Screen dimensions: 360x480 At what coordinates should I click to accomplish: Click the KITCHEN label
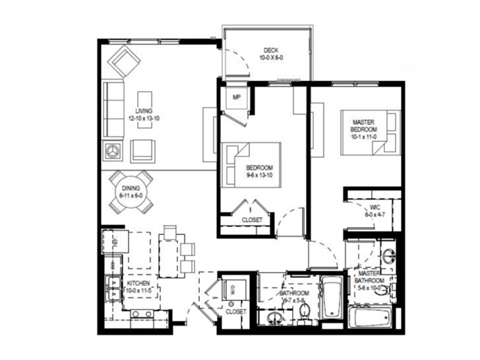pyautogui.click(x=138, y=287)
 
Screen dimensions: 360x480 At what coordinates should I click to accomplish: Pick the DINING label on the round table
pyautogui.click(x=132, y=192)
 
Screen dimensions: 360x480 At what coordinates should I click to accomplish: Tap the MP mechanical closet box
pyautogui.click(x=236, y=97)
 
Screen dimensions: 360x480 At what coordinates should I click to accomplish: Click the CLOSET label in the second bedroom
pyautogui.click(x=252, y=218)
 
